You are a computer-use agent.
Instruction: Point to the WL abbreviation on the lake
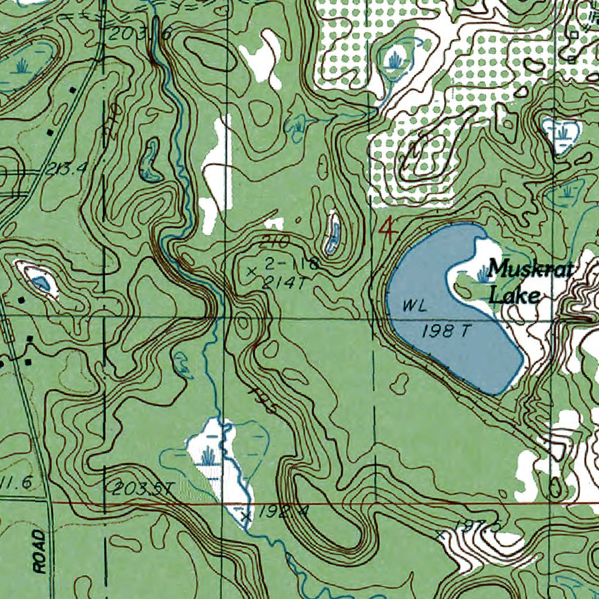coord(412,305)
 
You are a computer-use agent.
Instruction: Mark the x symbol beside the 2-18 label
coord(253,271)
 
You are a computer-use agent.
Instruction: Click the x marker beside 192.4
coord(246,516)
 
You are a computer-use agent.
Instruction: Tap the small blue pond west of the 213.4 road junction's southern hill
coord(41,284)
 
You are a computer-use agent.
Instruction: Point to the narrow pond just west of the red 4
coord(333,233)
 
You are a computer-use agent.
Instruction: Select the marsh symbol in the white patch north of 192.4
coord(208,454)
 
